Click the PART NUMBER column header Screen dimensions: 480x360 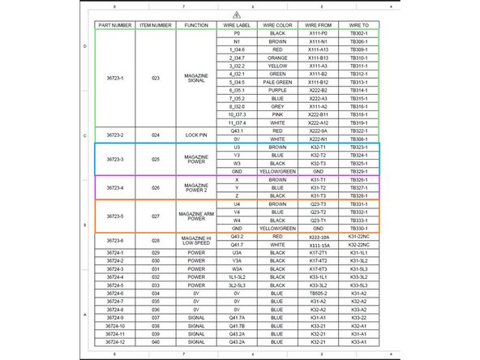tap(115, 25)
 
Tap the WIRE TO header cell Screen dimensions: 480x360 tap(358, 25)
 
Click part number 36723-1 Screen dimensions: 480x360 tap(115, 78)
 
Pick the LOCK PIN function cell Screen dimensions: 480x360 tap(196, 134)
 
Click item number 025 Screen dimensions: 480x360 tap(156, 158)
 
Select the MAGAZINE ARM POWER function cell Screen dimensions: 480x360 tap(196, 217)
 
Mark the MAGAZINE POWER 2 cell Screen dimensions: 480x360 tap(196, 187)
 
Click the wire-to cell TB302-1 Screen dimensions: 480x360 tap(358, 33)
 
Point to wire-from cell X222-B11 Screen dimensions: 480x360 tap(318, 114)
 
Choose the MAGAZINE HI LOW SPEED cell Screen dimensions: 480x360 tap(196, 240)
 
